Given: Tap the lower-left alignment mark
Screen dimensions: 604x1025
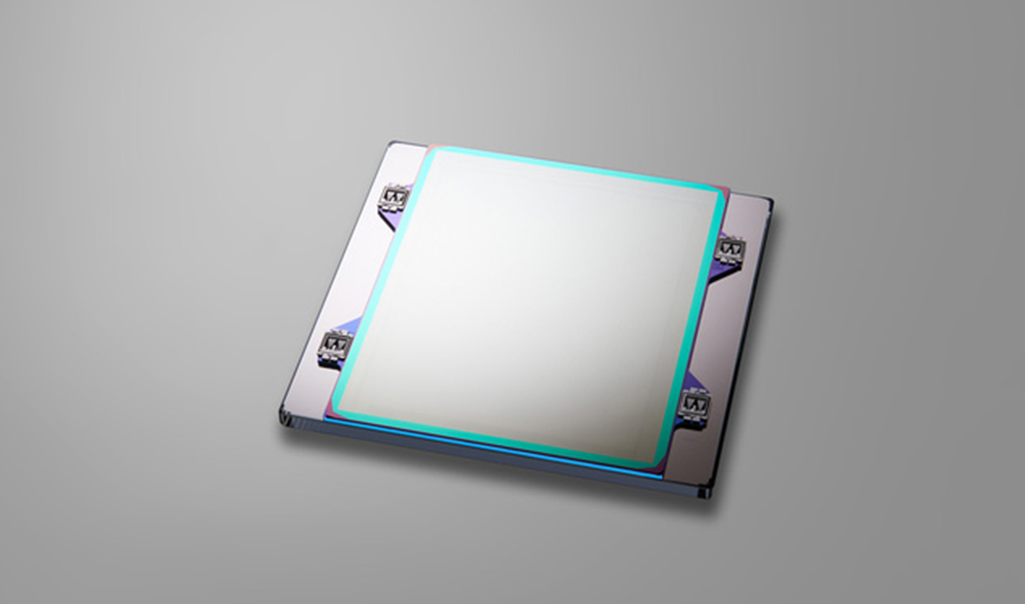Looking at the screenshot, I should (x=336, y=346).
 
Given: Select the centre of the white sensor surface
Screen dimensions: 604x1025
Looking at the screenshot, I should (x=528, y=304).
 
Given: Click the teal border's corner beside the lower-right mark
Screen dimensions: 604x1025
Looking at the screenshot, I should (x=660, y=461).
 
